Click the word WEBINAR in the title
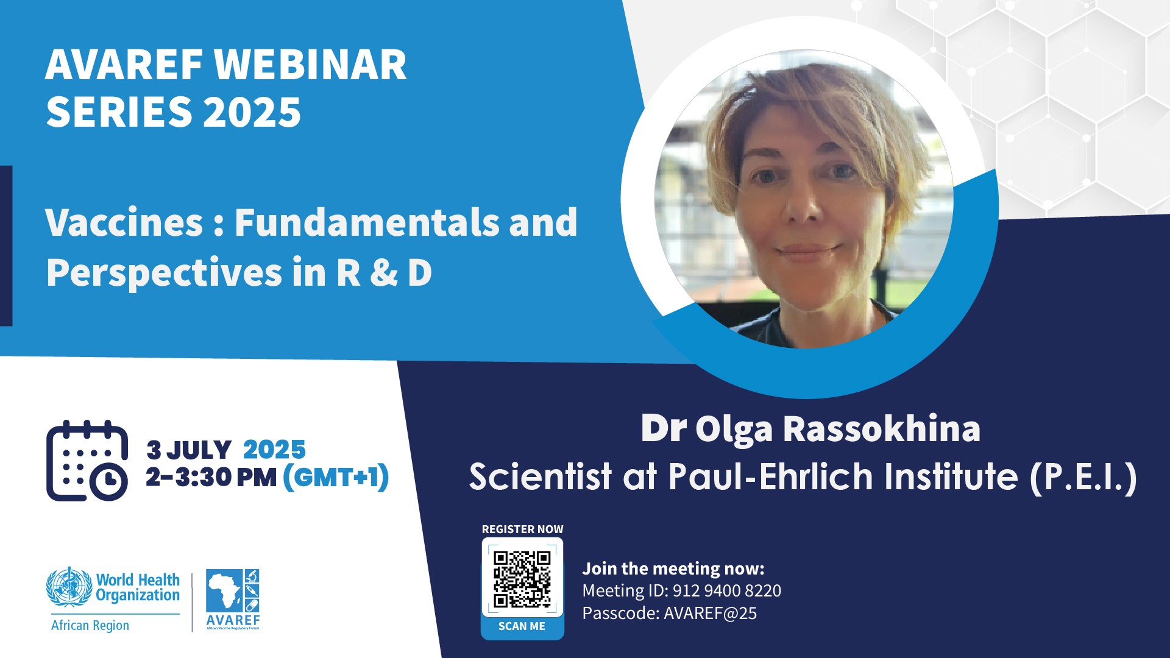tap(311, 65)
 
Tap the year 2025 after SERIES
tap(252, 112)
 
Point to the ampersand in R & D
tap(384, 272)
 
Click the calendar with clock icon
tap(87, 461)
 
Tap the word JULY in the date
tap(199, 450)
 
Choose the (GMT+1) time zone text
tap(336, 477)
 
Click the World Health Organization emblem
tap(69, 587)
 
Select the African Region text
tap(90, 625)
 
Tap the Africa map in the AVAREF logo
tap(224, 590)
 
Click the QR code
tap(522, 579)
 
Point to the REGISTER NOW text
tap(523, 529)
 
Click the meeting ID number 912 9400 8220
tap(727, 590)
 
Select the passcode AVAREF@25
tap(711, 613)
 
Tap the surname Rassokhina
tap(882, 429)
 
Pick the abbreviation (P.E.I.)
tap(1083, 477)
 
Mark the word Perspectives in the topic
tap(164, 274)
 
